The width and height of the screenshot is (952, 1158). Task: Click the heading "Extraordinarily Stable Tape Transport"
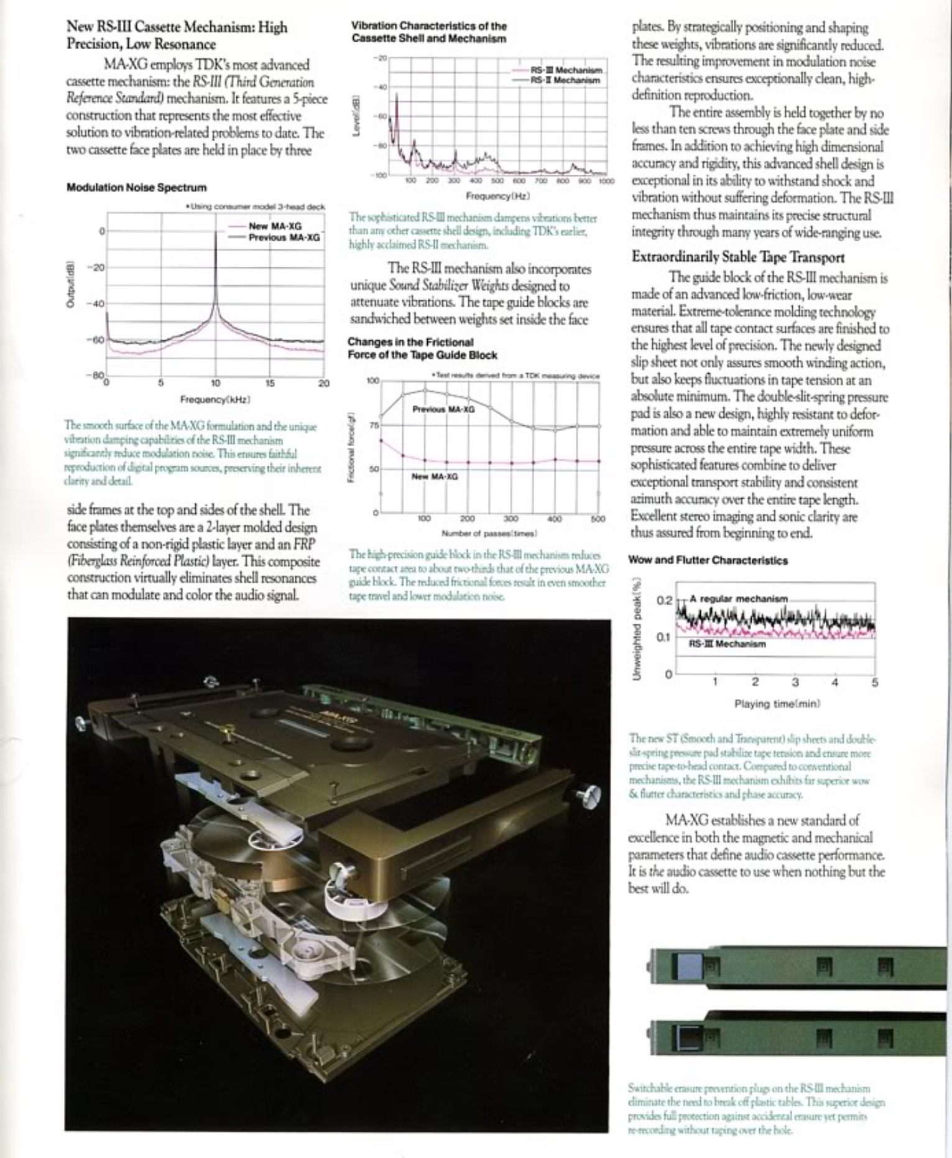[x=737, y=257]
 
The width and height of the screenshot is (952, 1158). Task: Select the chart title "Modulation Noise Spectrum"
[x=136, y=187]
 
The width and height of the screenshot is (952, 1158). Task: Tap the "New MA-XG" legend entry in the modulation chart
[x=275, y=226]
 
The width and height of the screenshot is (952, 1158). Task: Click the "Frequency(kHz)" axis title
[x=215, y=399]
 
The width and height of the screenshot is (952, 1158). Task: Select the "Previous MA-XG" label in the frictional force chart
[x=443, y=409]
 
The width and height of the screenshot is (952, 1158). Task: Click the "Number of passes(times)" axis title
[x=489, y=533]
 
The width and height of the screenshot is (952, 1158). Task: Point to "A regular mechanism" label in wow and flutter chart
[x=738, y=598]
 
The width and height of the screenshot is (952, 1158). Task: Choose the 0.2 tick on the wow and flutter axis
[x=665, y=600]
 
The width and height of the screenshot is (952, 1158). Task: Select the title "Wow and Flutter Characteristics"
[x=708, y=560]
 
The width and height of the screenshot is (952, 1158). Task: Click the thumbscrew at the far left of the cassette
[x=81, y=723]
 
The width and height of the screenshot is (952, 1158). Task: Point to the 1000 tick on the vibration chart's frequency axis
[x=606, y=181]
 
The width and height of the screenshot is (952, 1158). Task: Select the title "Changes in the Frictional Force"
[x=422, y=348]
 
